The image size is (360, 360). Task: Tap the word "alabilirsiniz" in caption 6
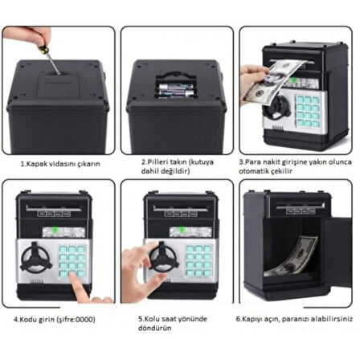pos(335,318)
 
